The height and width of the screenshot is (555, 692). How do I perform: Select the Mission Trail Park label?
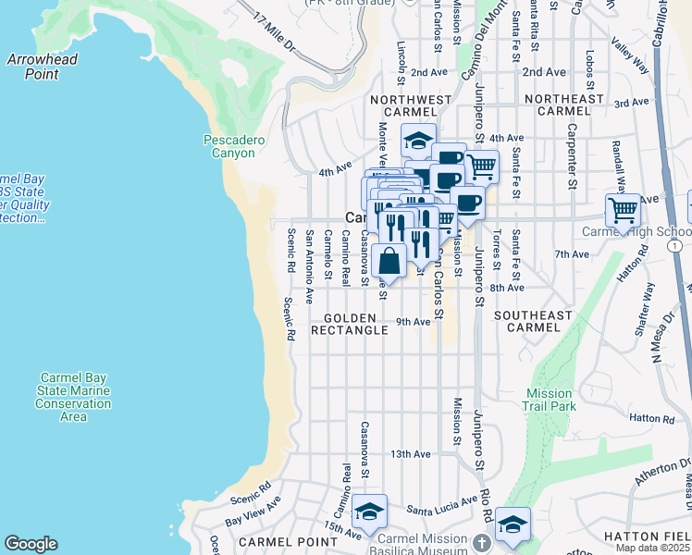550,400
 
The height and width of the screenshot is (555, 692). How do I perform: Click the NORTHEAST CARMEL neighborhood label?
562,105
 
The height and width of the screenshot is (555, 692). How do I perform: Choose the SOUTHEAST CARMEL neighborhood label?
532,321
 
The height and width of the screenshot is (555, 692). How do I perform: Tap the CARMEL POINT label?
277,541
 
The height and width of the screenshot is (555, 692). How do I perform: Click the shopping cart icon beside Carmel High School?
623,210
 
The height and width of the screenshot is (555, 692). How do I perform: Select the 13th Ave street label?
411,454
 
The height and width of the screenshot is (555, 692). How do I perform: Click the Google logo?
31,544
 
